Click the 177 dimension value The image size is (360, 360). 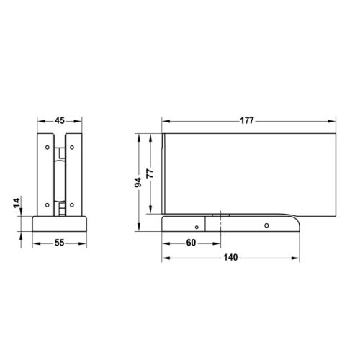point(247,120)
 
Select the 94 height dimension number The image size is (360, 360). point(138,183)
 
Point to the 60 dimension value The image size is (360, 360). point(191,243)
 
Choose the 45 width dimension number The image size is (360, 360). point(60,120)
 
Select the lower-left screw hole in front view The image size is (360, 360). point(48,205)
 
